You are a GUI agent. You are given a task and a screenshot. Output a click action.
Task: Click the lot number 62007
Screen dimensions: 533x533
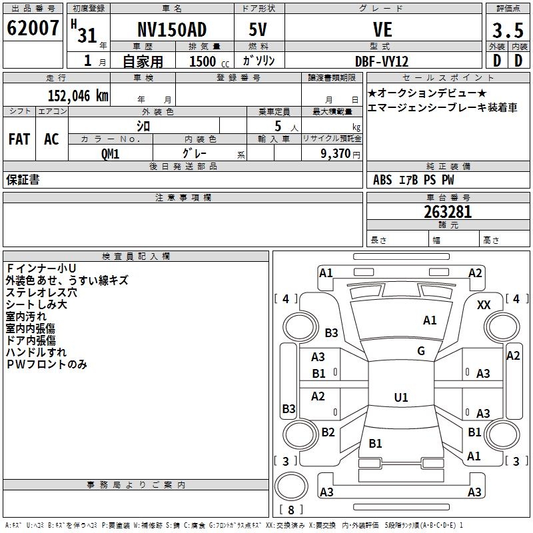[x=32, y=28]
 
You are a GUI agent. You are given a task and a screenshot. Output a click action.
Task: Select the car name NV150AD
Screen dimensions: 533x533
[x=171, y=30]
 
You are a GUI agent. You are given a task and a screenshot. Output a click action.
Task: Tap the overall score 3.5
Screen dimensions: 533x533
[x=507, y=31]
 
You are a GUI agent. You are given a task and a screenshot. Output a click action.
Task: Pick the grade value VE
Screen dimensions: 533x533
[x=382, y=30]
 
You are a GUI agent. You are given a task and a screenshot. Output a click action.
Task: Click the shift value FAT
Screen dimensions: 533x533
[x=19, y=139]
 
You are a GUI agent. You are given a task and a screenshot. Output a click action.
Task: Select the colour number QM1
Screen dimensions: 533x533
[x=110, y=153]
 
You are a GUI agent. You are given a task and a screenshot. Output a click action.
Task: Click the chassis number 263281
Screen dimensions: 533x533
[x=448, y=213]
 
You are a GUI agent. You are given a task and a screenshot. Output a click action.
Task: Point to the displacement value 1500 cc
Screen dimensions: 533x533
[x=209, y=61]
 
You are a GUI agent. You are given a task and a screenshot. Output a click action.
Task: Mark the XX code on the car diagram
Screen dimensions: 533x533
[x=484, y=304]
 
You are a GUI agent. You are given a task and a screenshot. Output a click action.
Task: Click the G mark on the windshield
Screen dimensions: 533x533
[x=421, y=351]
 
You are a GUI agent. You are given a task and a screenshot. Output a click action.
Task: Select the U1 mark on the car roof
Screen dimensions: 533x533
[x=400, y=398]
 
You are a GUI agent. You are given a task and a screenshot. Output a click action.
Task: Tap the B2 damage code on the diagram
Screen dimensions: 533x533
[x=328, y=432]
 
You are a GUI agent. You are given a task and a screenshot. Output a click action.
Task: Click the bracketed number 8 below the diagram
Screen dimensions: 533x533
[x=290, y=510]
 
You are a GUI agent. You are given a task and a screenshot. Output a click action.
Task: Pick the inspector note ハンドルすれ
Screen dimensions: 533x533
[x=36, y=352]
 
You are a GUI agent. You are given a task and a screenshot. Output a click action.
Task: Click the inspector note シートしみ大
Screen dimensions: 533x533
[x=36, y=304]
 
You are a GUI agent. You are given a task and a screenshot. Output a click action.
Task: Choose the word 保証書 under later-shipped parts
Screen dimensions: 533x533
[x=23, y=180]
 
